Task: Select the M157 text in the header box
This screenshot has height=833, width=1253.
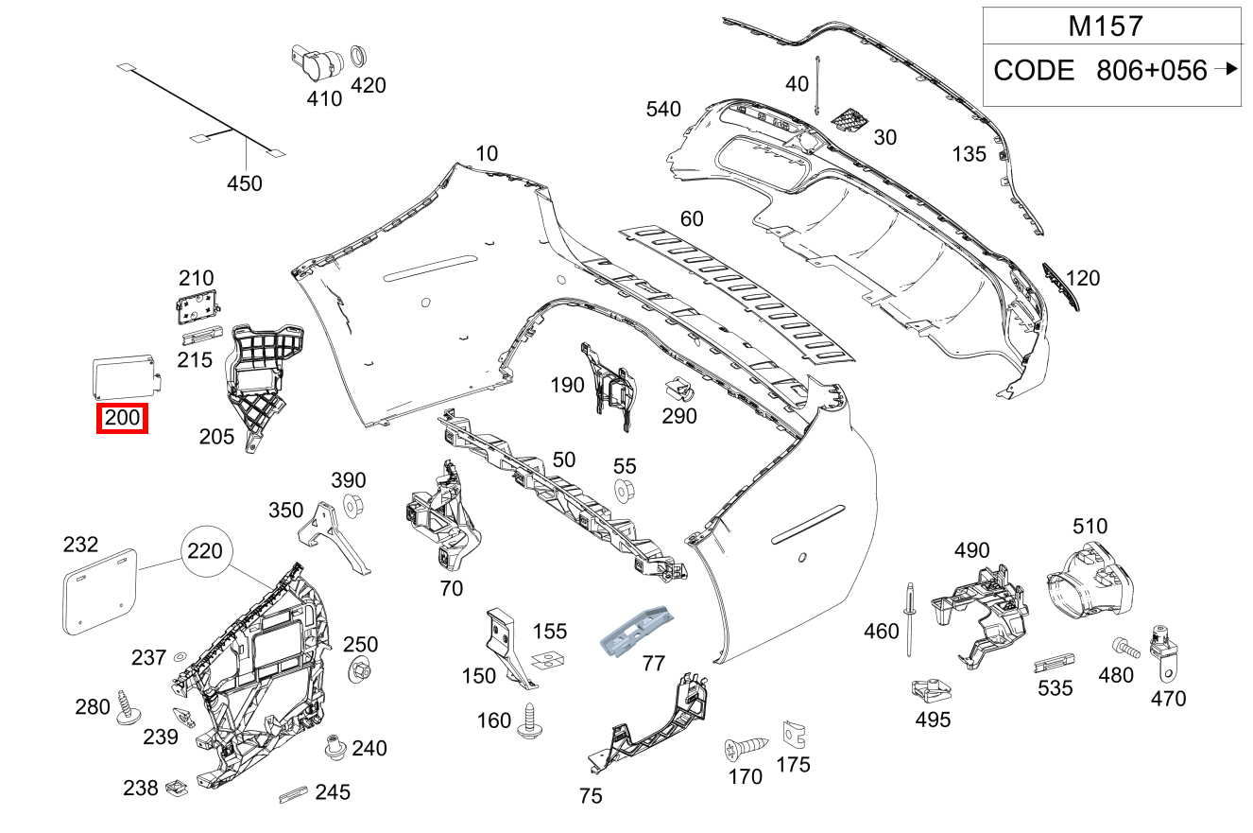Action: point(1106,26)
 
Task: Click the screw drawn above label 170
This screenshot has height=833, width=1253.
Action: point(743,750)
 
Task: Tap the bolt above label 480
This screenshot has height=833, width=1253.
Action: point(1124,648)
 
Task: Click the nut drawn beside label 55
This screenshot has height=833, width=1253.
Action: point(625,492)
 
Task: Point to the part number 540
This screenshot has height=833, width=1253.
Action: point(663,110)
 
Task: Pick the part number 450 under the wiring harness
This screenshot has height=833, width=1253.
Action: point(245,184)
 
